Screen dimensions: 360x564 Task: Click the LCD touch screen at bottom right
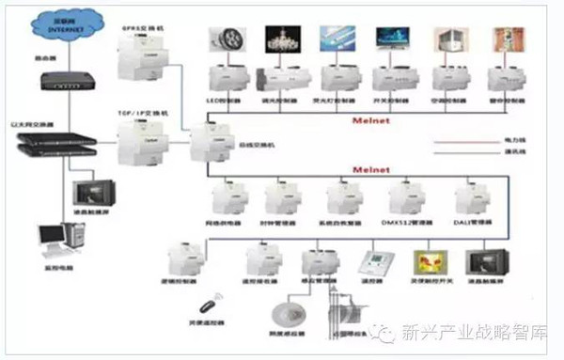pyautogui.click(x=488, y=259)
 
